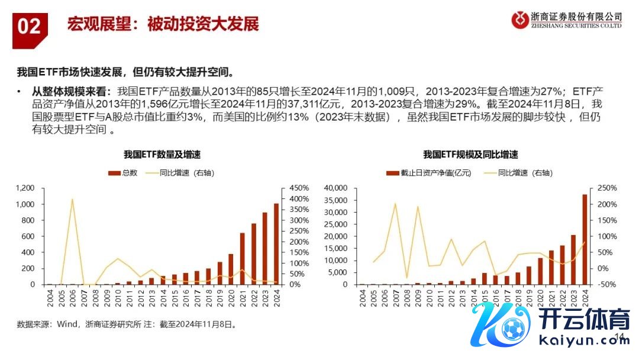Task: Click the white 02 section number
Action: (x=28, y=26)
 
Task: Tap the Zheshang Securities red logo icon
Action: (x=521, y=21)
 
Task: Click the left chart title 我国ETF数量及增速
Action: (x=162, y=155)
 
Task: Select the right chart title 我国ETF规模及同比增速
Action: (x=470, y=155)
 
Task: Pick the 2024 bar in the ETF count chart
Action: (x=276, y=244)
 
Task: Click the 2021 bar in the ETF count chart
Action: (x=242, y=259)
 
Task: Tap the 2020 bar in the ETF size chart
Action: (x=540, y=271)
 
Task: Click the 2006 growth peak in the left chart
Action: (x=73, y=200)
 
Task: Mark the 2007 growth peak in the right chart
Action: (x=395, y=204)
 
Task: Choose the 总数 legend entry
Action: (x=124, y=173)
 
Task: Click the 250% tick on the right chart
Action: (x=606, y=188)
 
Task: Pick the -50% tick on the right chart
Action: (x=606, y=284)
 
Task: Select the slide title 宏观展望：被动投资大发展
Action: (x=163, y=25)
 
